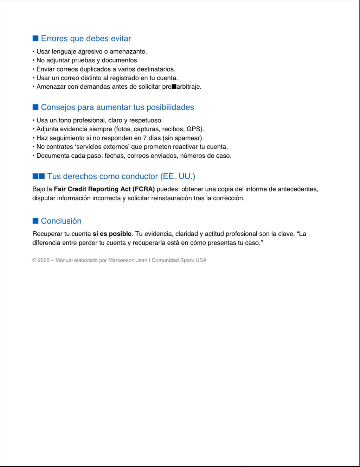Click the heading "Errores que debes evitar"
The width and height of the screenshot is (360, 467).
point(86,38)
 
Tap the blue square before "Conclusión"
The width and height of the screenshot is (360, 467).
point(35,221)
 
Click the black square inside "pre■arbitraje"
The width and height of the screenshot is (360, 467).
point(174,87)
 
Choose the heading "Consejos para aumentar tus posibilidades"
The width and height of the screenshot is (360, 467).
point(117,107)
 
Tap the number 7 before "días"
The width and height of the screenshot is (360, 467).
point(145,138)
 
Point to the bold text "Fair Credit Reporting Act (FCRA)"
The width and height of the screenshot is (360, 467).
point(104,189)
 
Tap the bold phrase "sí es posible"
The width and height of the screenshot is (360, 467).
point(112,234)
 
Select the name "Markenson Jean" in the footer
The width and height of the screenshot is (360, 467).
point(128,260)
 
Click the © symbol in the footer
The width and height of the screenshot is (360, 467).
point(34,260)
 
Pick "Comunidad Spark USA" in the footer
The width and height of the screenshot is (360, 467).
point(179,260)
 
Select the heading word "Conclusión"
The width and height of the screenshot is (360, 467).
point(61,221)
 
